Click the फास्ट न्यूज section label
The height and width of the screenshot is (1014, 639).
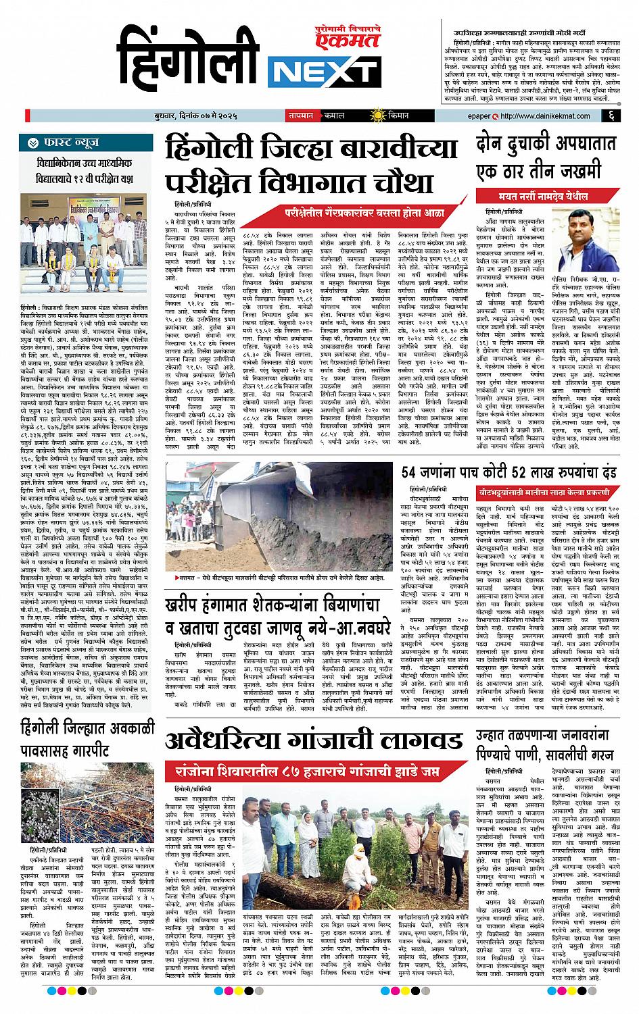tap(74, 143)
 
